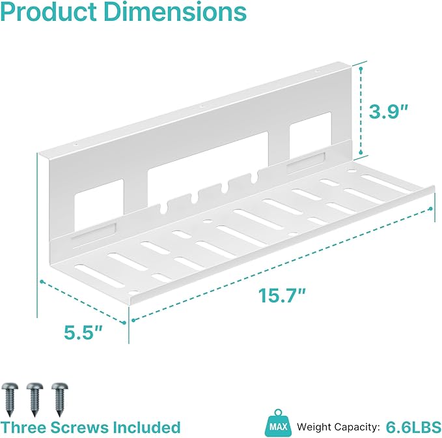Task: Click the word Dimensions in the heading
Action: pos(175,12)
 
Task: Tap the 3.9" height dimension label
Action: pos(389,111)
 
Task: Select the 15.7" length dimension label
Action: pos(282,295)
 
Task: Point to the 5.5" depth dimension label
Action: pos(83,332)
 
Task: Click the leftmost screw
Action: pos(10,399)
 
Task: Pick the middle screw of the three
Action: pos(35,399)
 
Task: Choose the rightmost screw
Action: pos(60,399)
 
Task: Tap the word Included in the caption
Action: pos(146,428)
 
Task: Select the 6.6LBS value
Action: pos(413,427)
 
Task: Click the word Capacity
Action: pos(356,428)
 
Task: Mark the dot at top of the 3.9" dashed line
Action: pos(361,68)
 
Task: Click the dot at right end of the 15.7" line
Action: pos(430,209)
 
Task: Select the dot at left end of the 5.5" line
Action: pos(42,282)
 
